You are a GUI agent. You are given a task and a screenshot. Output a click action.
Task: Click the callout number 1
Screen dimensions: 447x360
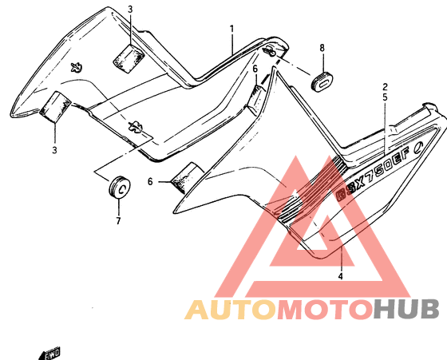(x=232, y=30)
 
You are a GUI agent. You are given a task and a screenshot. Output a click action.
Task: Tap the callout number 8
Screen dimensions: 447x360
(x=322, y=48)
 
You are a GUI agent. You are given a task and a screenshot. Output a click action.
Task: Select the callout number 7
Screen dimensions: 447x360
(x=118, y=220)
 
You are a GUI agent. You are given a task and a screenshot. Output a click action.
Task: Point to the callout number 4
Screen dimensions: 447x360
(x=340, y=276)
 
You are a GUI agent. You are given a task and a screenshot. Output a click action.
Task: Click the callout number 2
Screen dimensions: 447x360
(x=385, y=87)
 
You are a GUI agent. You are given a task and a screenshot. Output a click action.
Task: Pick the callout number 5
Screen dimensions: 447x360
(x=385, y=97)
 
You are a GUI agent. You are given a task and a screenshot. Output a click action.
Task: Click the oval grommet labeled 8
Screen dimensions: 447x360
(x=322, y=82)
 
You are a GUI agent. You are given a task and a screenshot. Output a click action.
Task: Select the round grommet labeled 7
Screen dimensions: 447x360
(x=120, y=188)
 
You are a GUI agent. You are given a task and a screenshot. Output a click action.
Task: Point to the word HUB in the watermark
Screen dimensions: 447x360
(x=406, y=309)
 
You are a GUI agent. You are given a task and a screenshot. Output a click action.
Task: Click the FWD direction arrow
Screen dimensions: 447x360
(x=49, y=354)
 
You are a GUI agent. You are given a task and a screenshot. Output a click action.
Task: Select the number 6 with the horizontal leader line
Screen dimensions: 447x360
(x=150, y=181)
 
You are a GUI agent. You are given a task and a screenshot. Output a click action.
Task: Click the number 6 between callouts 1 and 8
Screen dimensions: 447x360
(x=255, y=69)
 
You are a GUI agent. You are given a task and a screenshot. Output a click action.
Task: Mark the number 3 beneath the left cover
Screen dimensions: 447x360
(x=54, y=149)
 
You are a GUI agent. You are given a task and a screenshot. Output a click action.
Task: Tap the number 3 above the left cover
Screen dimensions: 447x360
(x=130, y=10)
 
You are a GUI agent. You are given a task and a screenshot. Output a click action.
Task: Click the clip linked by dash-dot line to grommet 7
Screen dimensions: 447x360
(x=136, y=126)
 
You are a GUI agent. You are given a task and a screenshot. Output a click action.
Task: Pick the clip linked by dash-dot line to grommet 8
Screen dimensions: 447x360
(x=270, y=52)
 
